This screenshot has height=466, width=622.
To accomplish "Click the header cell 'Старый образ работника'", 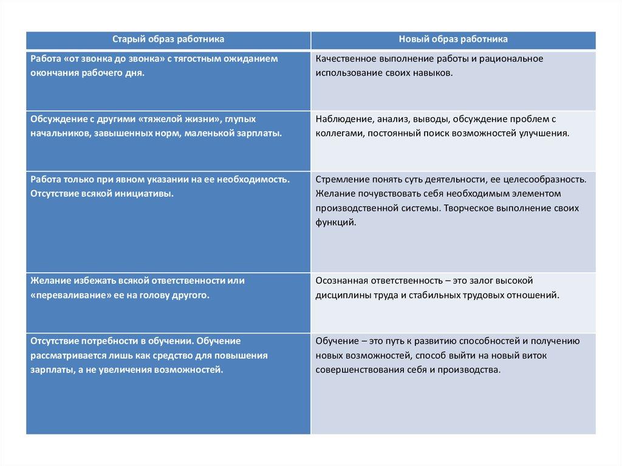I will click(168, 39).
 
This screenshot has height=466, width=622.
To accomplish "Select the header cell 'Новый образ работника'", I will click(453, 39).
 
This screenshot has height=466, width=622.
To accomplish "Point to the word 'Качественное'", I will click(344, 59).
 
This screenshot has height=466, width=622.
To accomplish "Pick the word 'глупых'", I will click(243, 118).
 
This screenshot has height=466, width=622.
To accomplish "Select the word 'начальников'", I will click(60, 132).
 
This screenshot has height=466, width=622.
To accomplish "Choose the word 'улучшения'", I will click(545, 132).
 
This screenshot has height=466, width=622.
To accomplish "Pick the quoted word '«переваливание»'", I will click(69, 295).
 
